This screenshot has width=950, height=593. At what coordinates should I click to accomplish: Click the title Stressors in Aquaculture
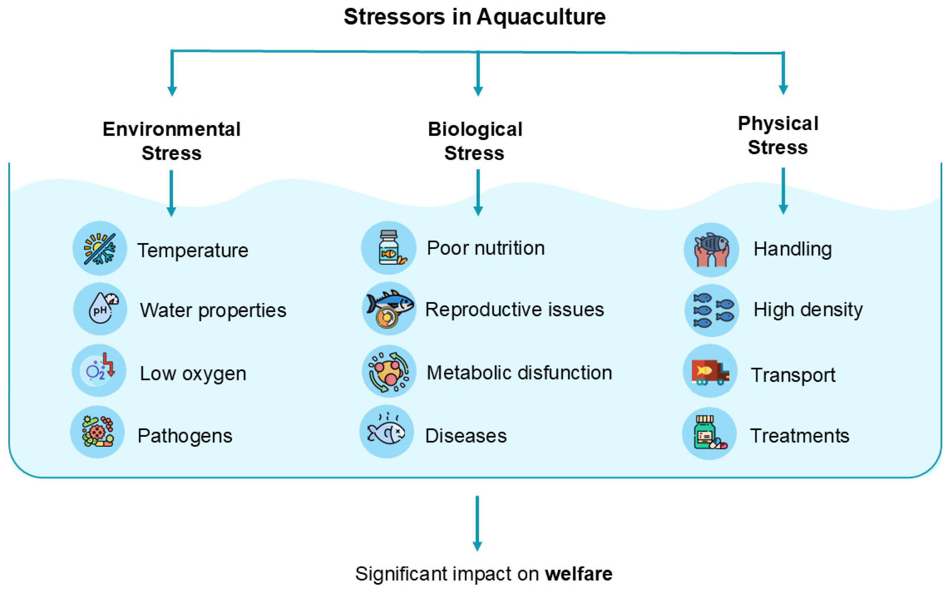coord(474,17)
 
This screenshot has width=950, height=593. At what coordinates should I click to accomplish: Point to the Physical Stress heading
coord(778,135)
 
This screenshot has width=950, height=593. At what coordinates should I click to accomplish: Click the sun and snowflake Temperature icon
coord(100,248)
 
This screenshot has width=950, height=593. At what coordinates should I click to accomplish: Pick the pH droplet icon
coord(100,309)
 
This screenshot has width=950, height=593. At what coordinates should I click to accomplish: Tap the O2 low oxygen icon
coord(99,371)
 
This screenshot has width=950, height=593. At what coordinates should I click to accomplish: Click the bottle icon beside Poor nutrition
coord(389,248)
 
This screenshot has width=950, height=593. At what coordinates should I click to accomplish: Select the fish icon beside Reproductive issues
coord(389,309)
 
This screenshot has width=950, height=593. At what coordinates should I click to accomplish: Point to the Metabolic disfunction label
coord(520,373)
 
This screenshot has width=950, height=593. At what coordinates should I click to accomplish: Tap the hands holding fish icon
coord(711,250)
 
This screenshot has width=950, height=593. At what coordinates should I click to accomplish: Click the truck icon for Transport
coord(710,371)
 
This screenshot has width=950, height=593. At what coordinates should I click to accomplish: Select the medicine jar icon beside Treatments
coord(709,433)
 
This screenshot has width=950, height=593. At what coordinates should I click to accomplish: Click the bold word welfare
coord(579,574)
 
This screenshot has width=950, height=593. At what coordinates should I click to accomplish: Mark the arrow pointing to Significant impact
coord(477,524)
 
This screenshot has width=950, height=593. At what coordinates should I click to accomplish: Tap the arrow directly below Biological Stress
coord(478,193)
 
